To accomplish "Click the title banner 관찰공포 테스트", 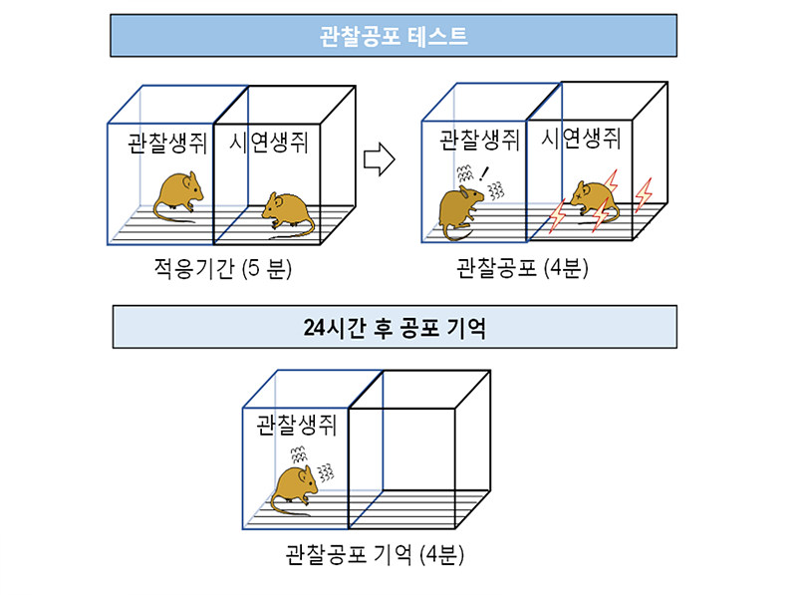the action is [394, 36].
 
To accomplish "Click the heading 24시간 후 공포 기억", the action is [395, 327].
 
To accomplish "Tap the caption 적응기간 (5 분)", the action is [222, 268].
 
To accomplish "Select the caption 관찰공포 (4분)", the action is [522, 267].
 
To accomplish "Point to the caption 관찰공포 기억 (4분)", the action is [375, 554].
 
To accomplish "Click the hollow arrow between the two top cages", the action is [380, 159].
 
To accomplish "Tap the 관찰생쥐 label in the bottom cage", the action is [296, 425].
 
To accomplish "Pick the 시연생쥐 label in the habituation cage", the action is [269, 142].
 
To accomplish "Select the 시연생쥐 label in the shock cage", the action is [581, 138].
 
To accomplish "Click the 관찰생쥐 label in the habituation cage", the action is [167, 143].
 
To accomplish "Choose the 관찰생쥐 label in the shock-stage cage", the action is [479, 140].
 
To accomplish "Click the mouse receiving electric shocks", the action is [594, 202].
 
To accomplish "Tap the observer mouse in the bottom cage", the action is [294, 490].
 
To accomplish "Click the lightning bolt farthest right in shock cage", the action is [644, 194].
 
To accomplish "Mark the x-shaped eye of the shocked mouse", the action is [580, 195].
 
